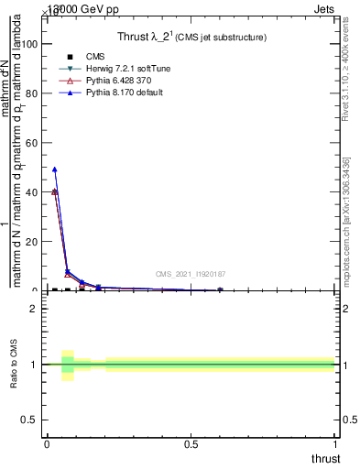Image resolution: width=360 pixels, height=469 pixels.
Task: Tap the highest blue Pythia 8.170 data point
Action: [x=55, y=169]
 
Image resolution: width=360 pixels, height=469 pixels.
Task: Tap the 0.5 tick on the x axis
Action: [x=191, y=444]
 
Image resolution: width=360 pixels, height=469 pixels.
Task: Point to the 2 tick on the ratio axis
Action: [x=35, y=309]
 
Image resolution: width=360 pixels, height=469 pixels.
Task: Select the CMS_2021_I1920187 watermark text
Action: [x=191, y=274]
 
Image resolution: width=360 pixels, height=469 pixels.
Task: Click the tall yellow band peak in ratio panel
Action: [x=68, y=354]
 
